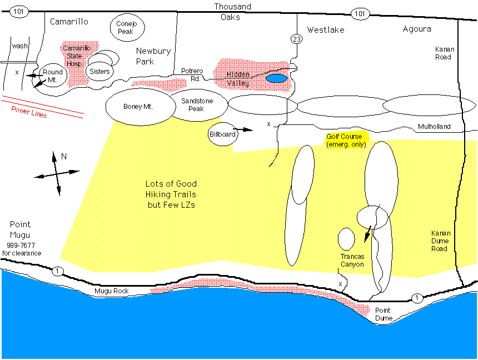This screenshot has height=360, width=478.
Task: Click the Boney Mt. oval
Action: tap(138, 106)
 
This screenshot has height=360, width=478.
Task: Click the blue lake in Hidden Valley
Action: tap(277, 78)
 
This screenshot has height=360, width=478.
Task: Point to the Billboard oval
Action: tap(223, 134)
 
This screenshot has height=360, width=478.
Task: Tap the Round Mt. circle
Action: tap(53, 76)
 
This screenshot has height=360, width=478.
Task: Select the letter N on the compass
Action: tap(64, 157)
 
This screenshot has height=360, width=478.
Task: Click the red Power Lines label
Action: tap(29, 112)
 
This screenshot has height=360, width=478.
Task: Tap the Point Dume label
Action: tap(383, 314)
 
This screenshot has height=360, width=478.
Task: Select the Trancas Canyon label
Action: tap(352, 260)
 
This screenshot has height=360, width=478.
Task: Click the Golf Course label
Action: tap(343, 136)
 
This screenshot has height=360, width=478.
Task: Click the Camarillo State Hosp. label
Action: tap(77, 56)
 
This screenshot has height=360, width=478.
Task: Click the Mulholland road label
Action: tap(434, 127)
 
